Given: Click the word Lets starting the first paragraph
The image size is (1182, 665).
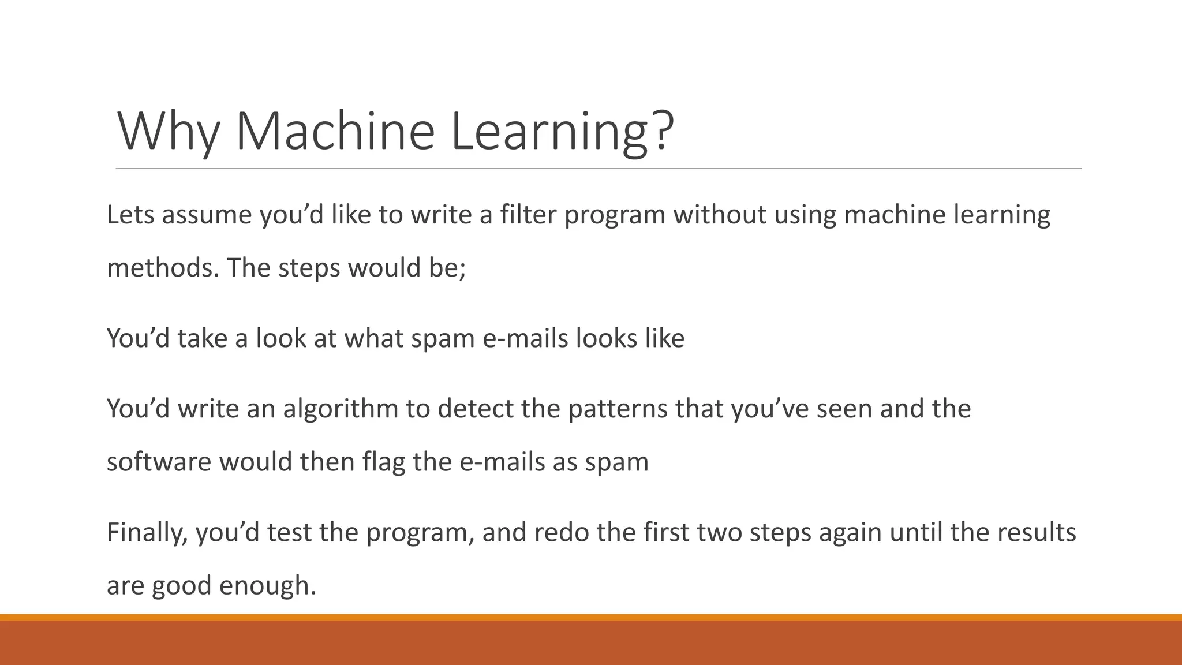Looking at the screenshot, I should tap(130, 215).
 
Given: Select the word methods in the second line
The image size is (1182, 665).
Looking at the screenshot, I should tap(163, 268).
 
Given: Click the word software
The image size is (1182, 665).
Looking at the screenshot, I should tap(159, 462).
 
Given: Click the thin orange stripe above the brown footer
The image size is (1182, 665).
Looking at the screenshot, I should tap(591, 617).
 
